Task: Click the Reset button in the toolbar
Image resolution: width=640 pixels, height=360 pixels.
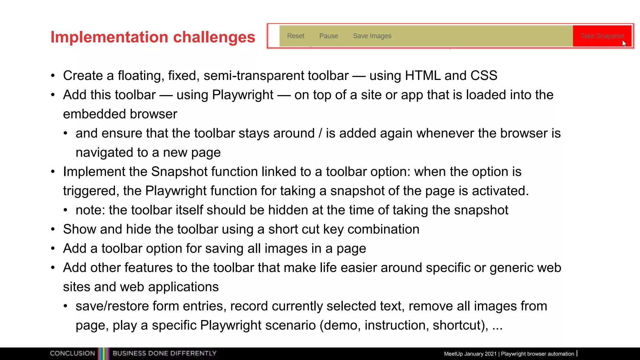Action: tap(295, 36)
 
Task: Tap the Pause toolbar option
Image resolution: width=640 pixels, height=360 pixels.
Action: tap(328, 36)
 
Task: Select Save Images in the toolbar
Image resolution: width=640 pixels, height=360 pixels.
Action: tap(372, 36)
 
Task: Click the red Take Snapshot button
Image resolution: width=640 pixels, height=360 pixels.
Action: tap(602, 36)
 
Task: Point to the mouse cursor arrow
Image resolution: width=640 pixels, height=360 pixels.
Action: tap(624, 43)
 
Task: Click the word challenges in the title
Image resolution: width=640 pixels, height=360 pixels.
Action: tap(214, 37)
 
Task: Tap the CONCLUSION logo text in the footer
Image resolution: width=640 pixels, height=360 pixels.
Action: tap(72, 353)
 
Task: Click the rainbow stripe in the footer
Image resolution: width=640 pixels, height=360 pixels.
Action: tap(103, 353)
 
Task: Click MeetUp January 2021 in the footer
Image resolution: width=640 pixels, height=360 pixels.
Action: tap(470, 354)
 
